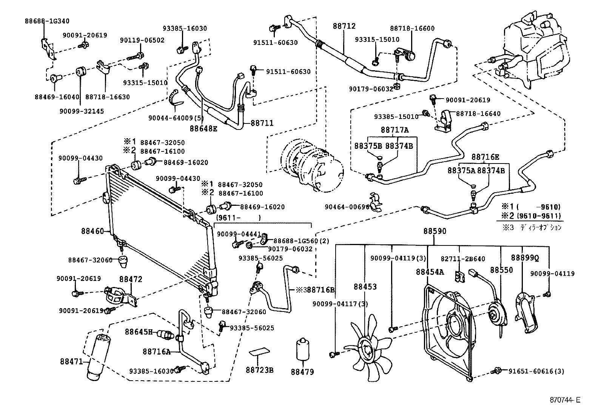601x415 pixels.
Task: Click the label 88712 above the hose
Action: point(344,26)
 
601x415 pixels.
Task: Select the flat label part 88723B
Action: point(260,352)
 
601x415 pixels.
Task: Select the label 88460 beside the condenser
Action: point(92,230)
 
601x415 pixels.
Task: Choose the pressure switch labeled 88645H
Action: point(165,333)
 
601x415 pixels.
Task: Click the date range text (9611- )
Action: point(238,218)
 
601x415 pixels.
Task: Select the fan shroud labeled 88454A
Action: point(447,325)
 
